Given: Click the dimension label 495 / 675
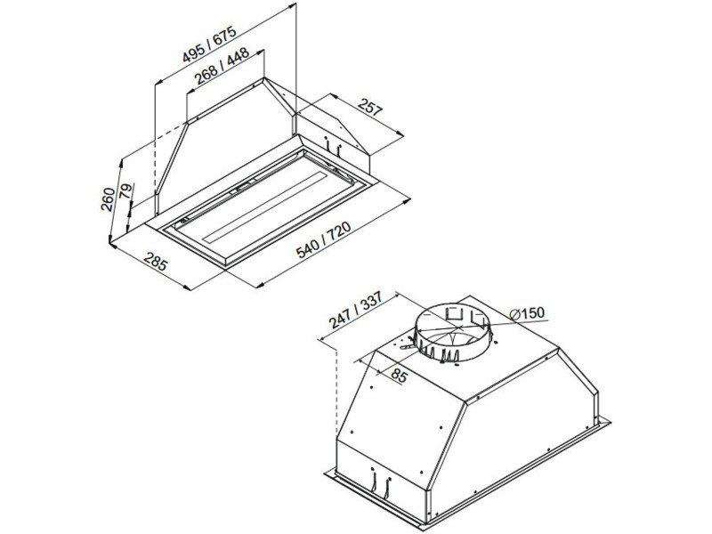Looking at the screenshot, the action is click(x=209, y=44).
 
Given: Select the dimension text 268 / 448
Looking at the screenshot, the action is click(x=222, y=65).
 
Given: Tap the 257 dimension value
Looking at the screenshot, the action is click(x=370, y=107).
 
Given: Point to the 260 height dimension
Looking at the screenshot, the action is click(x=108, y=199).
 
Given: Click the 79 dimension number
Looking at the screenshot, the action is click(x=126, y=191).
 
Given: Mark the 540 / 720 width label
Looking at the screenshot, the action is click(x=323, y=239).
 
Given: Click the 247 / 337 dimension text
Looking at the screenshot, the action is click(x=356, y=309).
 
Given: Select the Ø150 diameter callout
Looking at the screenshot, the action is click(x=526, y=313).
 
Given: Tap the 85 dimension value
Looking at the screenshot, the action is click(x=398, y=376).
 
